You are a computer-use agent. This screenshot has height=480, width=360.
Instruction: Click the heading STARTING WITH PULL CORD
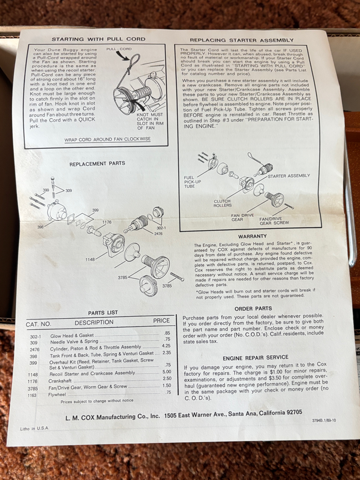(98, 39)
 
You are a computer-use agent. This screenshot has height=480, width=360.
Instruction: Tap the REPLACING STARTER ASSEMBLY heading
(241, 40)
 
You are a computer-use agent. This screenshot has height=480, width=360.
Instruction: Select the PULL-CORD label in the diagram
(119, 49)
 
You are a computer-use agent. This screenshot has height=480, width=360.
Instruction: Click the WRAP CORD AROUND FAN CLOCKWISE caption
(108, 139)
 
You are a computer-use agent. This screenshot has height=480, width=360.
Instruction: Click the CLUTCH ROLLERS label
(223, 203)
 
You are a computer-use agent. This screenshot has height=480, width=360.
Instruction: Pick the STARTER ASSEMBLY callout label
(289, 176)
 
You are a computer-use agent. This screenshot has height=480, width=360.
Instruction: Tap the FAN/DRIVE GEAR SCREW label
(274, 221)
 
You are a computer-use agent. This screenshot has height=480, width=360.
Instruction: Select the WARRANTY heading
(252, 236)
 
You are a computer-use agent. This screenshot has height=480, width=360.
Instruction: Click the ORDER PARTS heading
(253, 308)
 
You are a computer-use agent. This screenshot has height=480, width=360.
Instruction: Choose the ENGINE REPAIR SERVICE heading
(255, 357)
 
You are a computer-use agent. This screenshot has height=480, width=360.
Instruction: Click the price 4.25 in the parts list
(166, 346)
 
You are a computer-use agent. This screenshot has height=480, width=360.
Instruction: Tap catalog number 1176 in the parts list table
(32, 381)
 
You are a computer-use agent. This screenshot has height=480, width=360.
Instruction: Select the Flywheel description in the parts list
(57, 395)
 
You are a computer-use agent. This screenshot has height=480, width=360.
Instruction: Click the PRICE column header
(161, 320)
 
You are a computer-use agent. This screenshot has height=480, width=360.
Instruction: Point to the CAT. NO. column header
(39, 324)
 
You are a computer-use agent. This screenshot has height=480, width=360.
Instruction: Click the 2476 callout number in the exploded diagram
(158, 234)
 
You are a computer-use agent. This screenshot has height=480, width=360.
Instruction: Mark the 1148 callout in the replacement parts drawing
(90, 260)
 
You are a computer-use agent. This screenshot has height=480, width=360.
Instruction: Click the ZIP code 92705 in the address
(294, 412)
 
